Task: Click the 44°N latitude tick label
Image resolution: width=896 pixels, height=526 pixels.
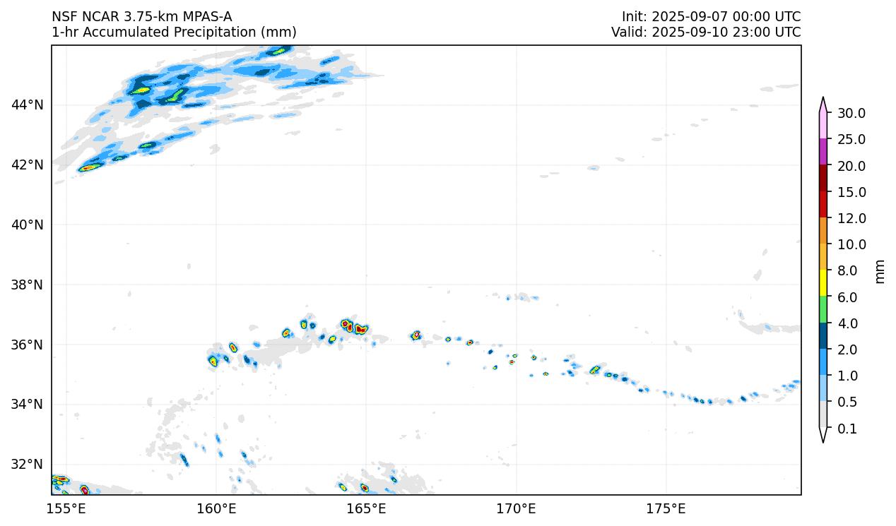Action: coord(28,105)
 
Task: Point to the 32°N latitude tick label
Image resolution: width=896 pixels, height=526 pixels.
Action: coord(28,465)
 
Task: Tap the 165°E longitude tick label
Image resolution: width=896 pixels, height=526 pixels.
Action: coord(366,508)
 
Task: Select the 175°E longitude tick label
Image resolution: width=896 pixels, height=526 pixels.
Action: coord(666,508)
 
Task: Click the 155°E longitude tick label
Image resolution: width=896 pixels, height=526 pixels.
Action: coord(66,508)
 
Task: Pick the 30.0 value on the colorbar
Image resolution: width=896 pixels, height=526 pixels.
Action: coord(851,113)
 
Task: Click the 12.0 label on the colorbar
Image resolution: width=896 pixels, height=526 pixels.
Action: coord(851,218)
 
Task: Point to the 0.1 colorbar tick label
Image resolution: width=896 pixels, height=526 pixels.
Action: coord(847,429)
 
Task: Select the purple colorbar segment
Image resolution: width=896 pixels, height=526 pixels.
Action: coord(823,152)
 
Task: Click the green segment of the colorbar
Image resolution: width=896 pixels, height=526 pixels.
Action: coord(823,310)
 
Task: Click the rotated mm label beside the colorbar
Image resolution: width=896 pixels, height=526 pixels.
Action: coord(880,271)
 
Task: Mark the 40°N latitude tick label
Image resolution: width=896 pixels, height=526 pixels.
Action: coord(28,225)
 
